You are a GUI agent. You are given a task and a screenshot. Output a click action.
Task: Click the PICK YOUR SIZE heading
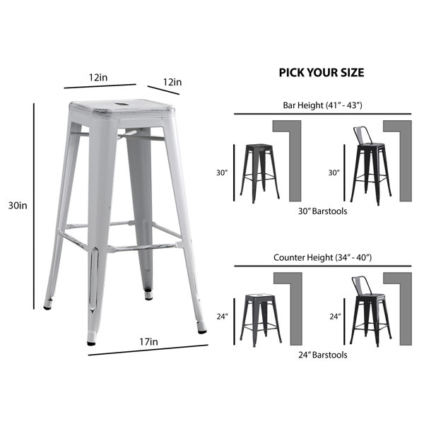click(x=322, y=73)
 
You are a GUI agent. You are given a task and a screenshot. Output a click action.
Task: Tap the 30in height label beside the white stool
click(x=18, y=206)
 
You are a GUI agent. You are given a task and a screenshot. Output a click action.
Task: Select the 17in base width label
click(x=148, y=342)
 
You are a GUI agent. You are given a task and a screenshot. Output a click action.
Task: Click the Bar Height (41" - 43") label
click(x=322, y=105)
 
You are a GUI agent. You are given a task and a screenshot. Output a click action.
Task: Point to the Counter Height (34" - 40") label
click(x=323, y=257)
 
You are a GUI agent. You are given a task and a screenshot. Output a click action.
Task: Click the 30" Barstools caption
click(x=323, y=211)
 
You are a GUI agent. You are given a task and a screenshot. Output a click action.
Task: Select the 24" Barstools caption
click(x=323, y=355)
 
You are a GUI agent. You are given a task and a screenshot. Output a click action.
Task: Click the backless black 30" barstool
click(x=259, y=173)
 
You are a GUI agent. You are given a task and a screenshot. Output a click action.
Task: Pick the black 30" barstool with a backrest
click(x=370, y=165)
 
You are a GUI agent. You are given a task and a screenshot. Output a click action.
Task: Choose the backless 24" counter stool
click(x=261, y=319)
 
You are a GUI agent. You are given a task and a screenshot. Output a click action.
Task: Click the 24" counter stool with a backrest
click(x=370, y=311)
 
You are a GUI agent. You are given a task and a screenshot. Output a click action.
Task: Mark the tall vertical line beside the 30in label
click(x=34, y=206)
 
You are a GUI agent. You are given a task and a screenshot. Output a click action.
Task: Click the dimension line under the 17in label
click(x=148, y=350)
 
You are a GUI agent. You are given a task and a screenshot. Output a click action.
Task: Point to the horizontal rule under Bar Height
click(x=323, y=114)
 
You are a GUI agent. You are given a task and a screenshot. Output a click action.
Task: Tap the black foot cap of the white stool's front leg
click(x=91, y=343)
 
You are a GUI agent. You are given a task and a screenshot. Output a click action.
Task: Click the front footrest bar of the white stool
click(x=143, y=247)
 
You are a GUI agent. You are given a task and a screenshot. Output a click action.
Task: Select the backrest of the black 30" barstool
click(x=363, y=135)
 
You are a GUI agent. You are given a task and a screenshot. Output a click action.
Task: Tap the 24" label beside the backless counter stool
click(x=223, y=316)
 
